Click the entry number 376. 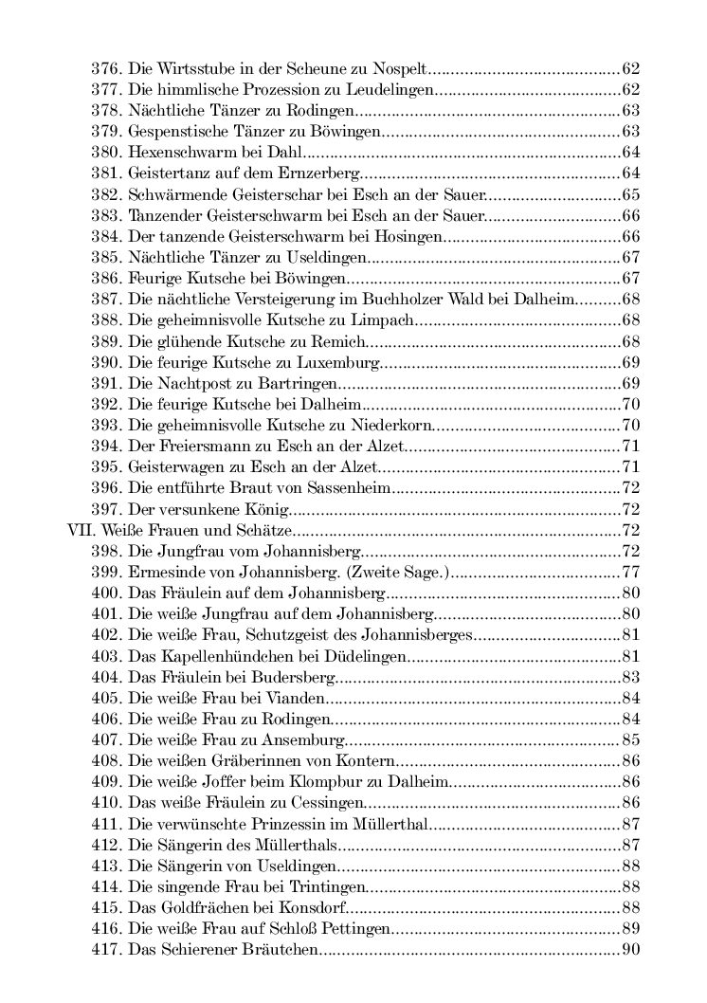click(105, 69)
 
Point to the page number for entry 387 click(632, 299)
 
